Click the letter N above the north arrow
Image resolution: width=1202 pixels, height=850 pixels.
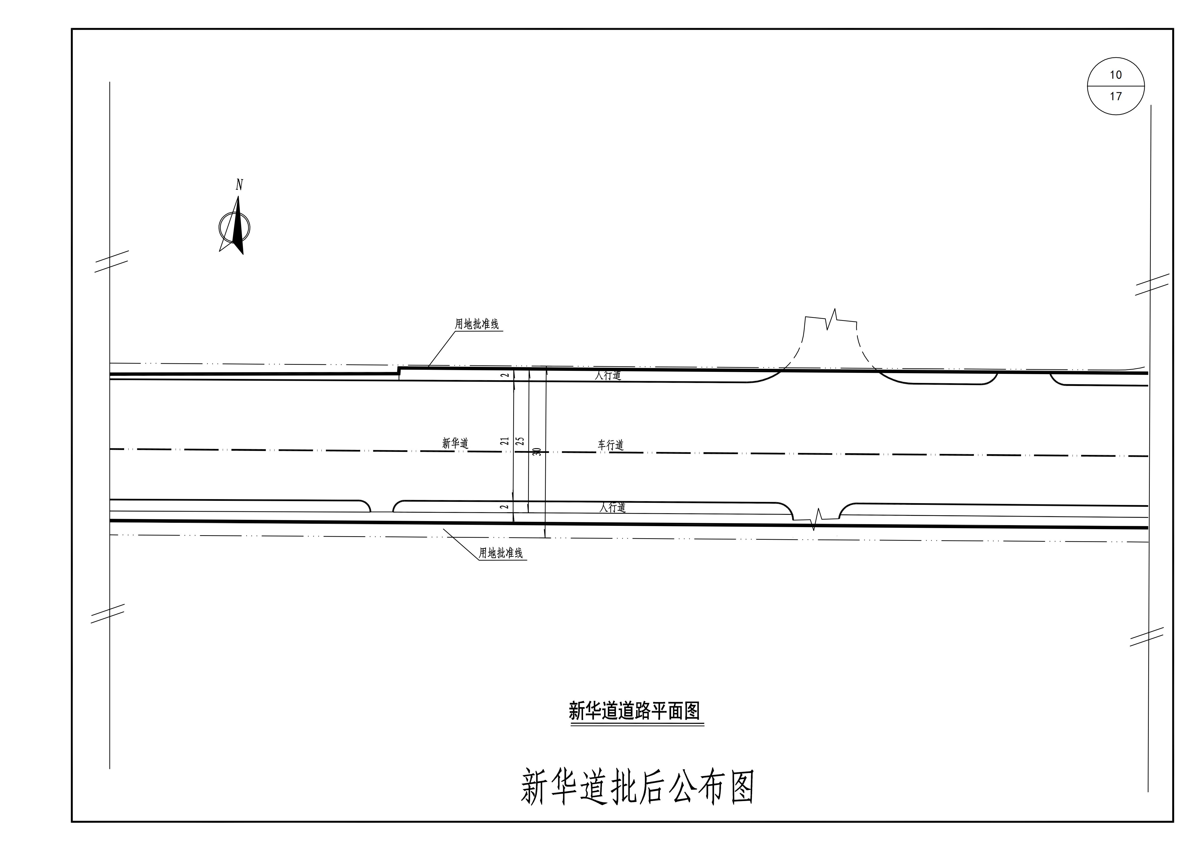[x=239, y=185]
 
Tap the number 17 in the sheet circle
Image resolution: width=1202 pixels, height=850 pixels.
[x=1116, y=96]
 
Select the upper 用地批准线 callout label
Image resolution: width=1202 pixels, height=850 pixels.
[x=476, y=324]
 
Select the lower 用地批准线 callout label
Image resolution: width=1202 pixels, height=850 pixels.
[x=501, y=553]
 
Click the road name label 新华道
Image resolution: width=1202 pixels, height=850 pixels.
[x=455, y=443]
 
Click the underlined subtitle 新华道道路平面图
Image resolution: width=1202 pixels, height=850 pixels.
[x=635, y=711]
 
